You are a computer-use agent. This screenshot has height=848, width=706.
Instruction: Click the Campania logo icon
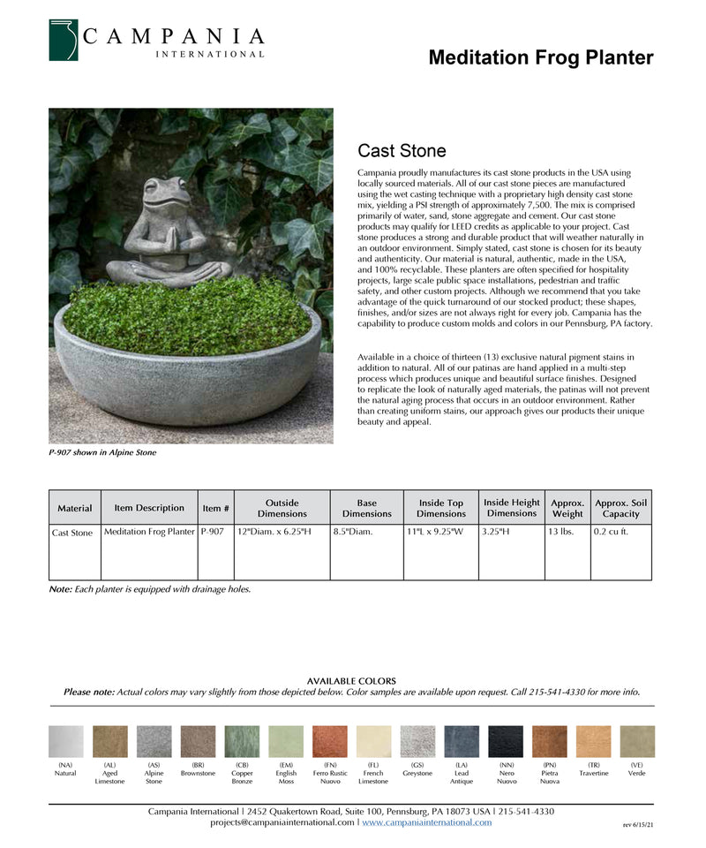[64, 40]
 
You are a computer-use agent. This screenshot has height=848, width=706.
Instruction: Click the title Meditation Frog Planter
[540, 58]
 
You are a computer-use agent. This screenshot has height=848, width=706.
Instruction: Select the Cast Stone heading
[402, 151]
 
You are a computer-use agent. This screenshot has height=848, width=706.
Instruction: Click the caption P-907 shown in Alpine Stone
[102, 453]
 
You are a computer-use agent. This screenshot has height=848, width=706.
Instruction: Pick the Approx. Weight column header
[567, 508]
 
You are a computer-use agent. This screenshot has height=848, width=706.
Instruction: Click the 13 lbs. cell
[561, 533]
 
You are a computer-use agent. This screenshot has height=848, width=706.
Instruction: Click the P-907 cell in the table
[213, 533]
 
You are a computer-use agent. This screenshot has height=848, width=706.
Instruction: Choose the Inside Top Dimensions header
[441, 508]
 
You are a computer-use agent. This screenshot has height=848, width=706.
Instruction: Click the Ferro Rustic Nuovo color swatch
[330, 742]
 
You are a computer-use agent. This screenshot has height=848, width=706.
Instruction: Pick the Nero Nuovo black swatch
[507, 742]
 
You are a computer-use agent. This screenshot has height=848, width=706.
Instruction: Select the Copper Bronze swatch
[242, 742]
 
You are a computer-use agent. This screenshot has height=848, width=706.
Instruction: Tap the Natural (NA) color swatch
[65, 742]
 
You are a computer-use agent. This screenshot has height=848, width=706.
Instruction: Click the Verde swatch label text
[637, 773]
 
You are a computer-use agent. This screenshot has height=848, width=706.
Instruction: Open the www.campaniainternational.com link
[427, 822]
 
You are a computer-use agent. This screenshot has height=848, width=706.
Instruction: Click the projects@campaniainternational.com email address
[282, 822]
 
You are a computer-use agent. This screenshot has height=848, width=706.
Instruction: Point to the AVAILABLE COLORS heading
[351, 681]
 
